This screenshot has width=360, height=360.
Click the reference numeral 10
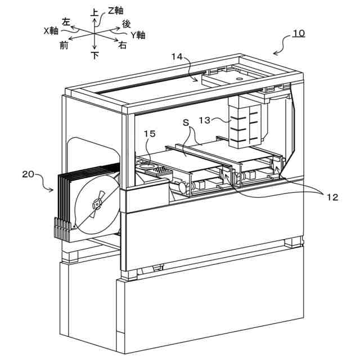(299, 33)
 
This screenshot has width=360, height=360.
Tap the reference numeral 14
(177, 56)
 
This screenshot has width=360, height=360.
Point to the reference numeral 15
(150, 134)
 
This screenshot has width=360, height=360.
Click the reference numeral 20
(29, 174)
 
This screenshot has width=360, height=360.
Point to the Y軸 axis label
(138, 35)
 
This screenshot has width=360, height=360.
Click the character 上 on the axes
(95, 11)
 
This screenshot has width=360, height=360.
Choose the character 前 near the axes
(65, 46)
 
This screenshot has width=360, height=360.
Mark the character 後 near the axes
(127, 24)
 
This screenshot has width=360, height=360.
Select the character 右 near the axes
(122, 46)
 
